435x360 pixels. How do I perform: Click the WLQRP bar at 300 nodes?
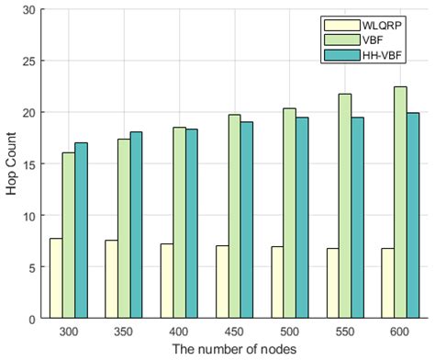point(55,278)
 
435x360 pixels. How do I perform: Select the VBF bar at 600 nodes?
point(400,203)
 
